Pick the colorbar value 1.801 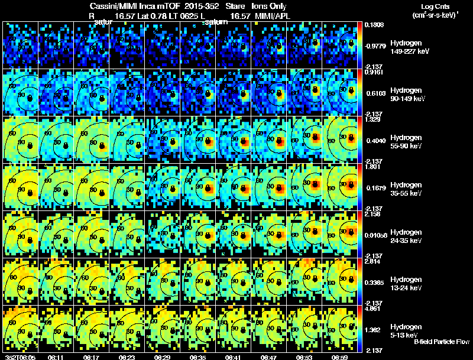tap(373, 166)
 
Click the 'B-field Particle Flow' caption tap(442, 342)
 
